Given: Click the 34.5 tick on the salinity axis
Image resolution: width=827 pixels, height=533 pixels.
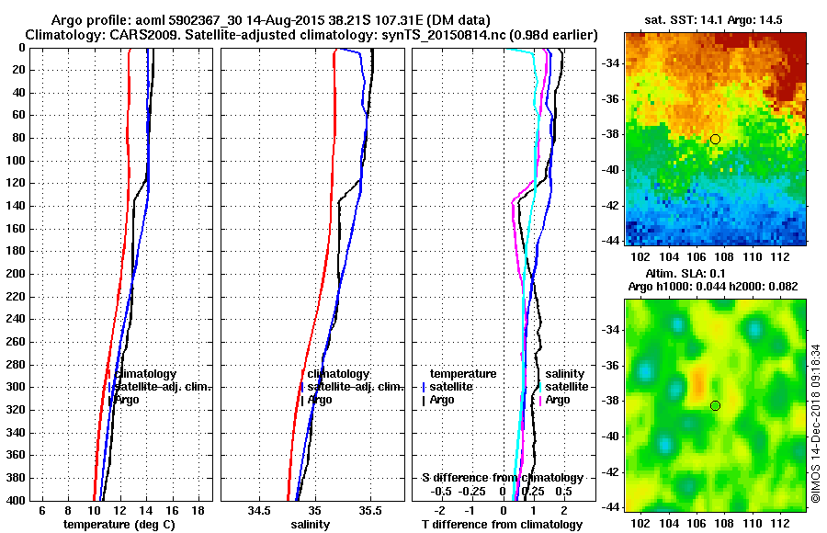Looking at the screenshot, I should (x=259, y=510).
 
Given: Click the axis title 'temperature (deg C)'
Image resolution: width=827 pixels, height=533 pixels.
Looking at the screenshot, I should (x=119, y=524).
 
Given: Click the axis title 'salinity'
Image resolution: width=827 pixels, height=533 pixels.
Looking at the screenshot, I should (x=310, y=524).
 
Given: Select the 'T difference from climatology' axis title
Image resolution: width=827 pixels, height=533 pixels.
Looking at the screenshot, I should (x=502, y=524).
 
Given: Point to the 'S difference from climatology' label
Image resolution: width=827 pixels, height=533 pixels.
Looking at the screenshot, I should (x=502, y=478).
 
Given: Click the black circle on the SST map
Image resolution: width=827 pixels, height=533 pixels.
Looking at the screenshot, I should (x=715, y=139).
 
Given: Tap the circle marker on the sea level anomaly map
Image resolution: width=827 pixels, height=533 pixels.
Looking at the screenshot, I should (x=715, y=405).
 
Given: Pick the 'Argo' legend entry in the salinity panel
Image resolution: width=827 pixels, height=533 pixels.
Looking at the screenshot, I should (x=320, y=400).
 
